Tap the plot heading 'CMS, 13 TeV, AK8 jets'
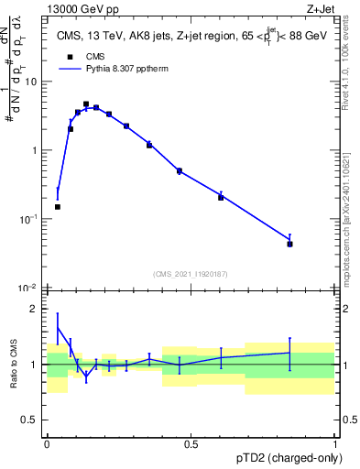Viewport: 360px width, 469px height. pos(119,36)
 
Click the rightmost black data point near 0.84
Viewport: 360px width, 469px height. pos(289,244)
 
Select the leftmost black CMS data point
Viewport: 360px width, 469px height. pos(58,207)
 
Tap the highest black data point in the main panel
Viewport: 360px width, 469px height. pos(86,104)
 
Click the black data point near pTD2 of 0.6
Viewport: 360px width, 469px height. pos(221,197)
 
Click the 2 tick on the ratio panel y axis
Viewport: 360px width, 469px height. pos(35,309)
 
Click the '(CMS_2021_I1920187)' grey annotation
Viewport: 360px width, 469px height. pos(191,274)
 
